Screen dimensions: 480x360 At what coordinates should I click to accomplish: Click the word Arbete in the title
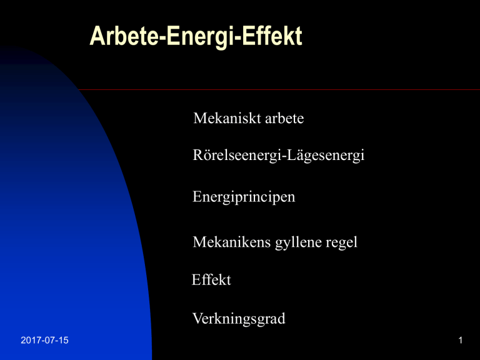(x=124, y=36)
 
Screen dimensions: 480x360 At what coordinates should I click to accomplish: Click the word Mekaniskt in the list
(x=227, y=118)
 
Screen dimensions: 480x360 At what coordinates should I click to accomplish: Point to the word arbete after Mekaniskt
(x=284, y=118)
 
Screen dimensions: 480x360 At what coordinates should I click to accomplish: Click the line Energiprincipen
(x=244, y=197)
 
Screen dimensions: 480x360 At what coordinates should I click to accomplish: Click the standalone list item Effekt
(x=211, y=279)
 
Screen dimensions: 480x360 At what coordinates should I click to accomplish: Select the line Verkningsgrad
(x=239, y=319)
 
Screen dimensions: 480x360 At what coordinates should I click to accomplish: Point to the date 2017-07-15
(x=45, y=340)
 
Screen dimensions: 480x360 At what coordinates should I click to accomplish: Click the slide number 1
(x=461, y=340)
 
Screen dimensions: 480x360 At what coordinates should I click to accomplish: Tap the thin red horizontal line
(x=279, y=90)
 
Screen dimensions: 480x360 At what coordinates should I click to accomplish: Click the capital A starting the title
(x=97, y=36)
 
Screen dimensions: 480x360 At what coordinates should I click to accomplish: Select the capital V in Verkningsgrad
(x=197, y=318)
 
